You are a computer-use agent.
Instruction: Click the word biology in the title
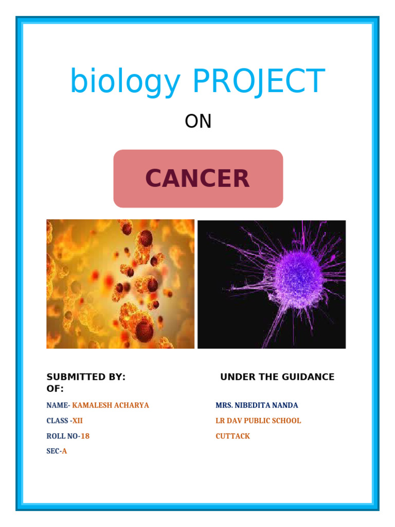coord(125,82)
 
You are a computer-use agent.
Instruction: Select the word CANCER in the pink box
coord(198,179)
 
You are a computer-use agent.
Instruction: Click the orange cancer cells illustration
coord(120,284)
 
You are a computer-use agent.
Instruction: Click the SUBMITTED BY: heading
coord(86,377)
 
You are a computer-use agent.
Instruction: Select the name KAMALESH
coord(93,405)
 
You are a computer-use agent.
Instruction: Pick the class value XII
coord(77,420)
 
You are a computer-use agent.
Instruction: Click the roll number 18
coord(85,436)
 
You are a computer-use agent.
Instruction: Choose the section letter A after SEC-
coord(64,451)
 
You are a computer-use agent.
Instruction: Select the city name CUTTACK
coord(232,436)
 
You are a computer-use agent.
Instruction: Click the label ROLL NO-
coord(63,436)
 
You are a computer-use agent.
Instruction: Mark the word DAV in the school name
coord(234,420)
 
